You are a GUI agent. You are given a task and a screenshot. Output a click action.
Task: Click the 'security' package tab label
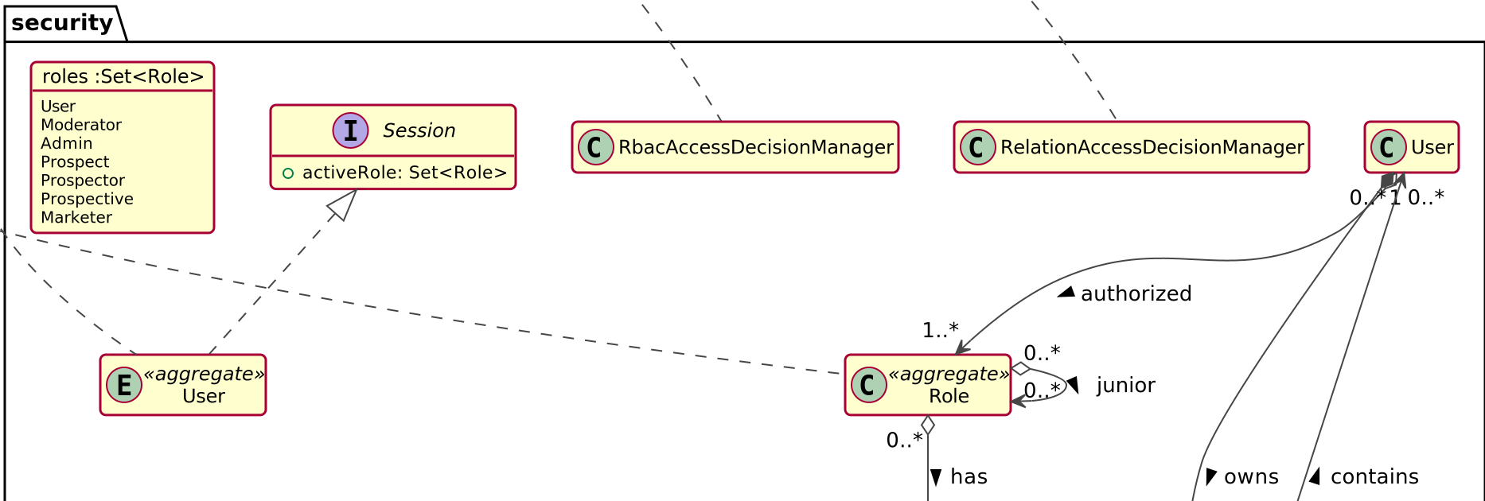62,23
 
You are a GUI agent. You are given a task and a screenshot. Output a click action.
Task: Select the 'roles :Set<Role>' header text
123,76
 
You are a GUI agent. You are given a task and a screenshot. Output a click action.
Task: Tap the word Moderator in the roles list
80,125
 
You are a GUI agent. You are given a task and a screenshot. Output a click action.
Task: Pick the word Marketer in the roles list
76,217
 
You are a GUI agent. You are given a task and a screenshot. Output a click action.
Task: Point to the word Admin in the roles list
66,143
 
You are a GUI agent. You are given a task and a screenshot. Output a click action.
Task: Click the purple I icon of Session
350,130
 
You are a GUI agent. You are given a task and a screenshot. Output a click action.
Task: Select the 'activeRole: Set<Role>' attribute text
404,173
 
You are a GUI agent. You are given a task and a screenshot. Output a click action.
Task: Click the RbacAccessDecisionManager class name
755,147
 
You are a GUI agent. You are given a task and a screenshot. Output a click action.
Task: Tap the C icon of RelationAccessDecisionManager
977,147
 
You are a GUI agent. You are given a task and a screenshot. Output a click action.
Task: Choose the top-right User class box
1411,147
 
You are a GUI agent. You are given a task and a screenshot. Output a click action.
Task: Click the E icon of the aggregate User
124,385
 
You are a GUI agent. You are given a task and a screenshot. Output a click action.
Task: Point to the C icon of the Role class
868,385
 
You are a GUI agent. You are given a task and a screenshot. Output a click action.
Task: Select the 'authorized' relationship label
1136,294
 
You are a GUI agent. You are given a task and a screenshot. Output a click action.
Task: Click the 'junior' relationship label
1125,386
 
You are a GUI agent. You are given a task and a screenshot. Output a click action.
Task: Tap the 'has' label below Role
969,477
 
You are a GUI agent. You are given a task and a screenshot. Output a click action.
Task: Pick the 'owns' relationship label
1251,477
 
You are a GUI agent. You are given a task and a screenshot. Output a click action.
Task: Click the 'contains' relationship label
1374,477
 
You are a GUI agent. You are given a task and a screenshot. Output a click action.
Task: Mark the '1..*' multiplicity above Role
940,330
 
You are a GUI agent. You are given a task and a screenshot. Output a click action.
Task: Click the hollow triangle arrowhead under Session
343,204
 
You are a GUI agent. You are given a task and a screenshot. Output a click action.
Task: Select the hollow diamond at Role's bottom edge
928,425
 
